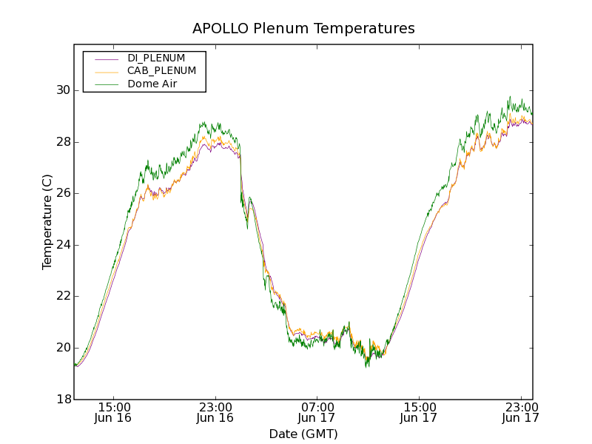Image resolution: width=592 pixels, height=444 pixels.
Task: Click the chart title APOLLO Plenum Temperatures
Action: pos(303,29)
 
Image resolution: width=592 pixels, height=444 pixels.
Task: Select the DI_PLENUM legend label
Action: pos(156,58)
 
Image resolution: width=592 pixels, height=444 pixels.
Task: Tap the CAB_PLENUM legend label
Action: pos(161,71)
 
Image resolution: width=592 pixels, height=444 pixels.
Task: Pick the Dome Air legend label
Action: pos(152,84)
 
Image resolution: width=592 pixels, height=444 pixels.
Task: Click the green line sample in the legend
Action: pos(107,84)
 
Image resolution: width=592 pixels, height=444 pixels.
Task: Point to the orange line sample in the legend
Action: pos(107,71)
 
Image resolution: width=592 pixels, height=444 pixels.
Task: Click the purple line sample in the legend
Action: pos(107,58)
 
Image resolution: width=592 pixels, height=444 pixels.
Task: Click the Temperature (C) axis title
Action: pos(47,222)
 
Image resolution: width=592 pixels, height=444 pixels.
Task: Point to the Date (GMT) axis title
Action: pos(303,434)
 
